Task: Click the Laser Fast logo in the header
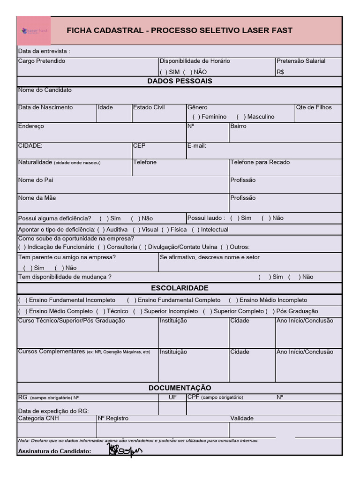coord(34,31)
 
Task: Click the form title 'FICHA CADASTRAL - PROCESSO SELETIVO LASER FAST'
coord(180,30)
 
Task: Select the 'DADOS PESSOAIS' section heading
coord(180,81)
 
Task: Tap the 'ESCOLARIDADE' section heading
coord(180,288)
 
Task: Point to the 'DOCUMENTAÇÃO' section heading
coord(180,388)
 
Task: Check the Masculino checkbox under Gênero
coord(241,117)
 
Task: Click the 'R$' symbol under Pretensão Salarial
coord(280,72)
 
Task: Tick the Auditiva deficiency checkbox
coord(101,230)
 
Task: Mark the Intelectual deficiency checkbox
coord(195,230)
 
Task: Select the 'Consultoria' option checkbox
coord(102,247)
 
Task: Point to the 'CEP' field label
coord(139,146)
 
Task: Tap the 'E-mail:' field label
coord(196,146)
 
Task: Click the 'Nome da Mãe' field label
coord(37,198)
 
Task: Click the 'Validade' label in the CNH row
coord(241,418)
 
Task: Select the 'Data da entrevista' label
coord(44,51)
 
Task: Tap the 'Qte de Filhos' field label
coord(314,107)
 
